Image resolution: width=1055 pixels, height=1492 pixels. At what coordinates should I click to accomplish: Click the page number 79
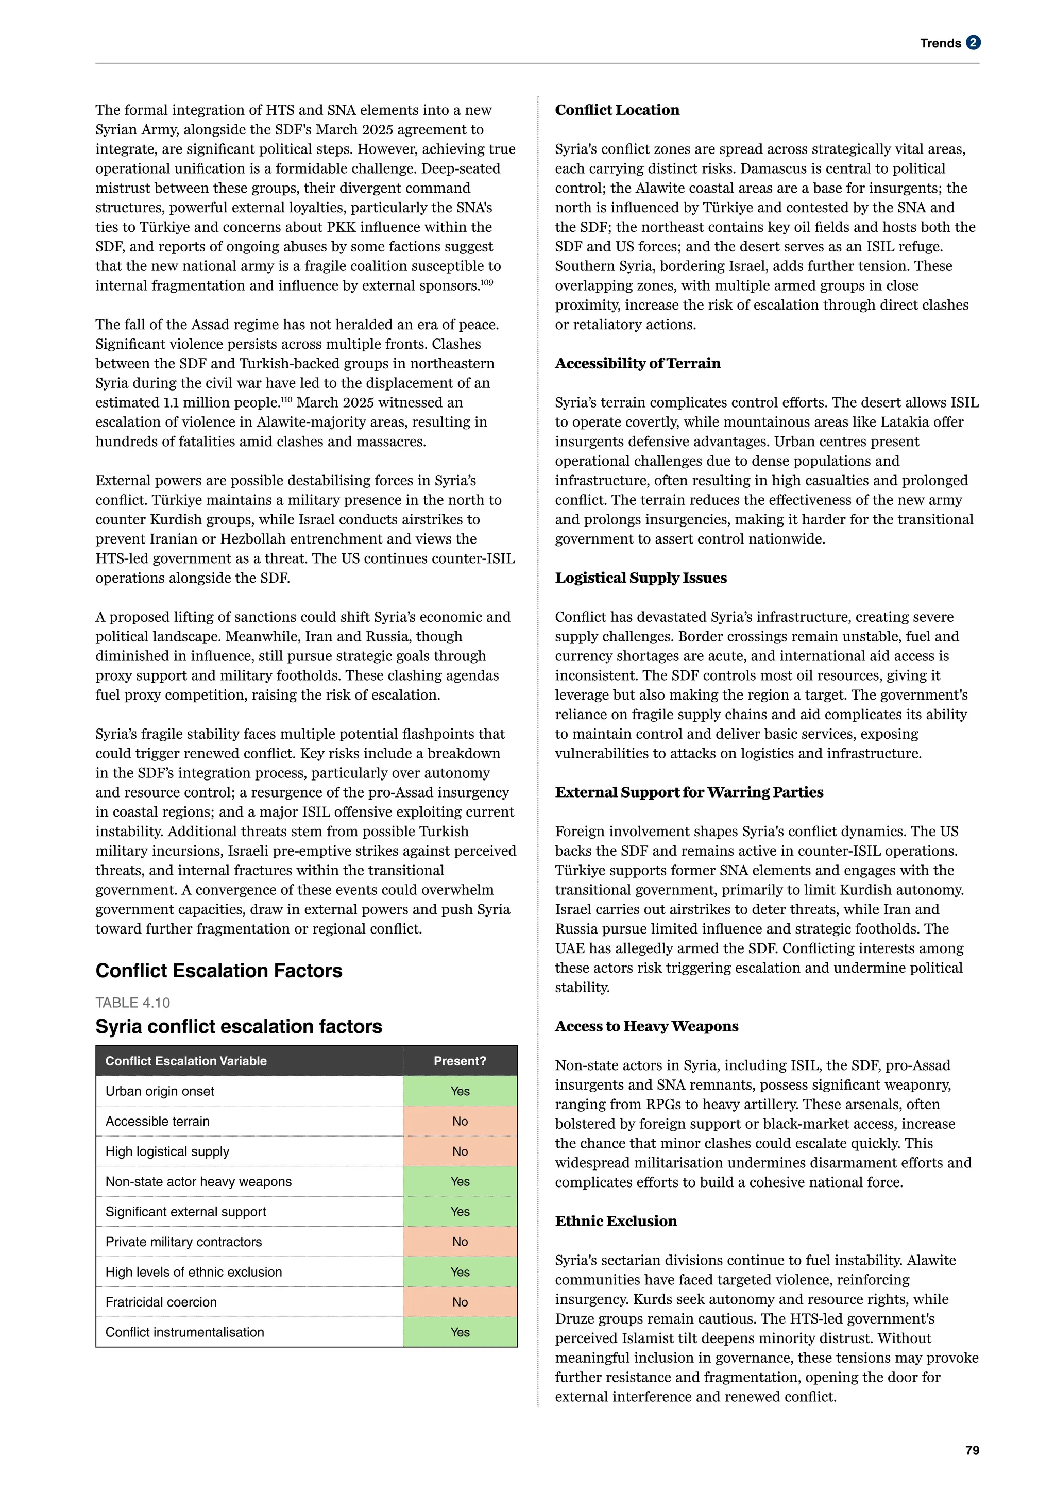point(972,1450)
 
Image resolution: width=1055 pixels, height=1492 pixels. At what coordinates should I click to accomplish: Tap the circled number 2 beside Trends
point(973,43)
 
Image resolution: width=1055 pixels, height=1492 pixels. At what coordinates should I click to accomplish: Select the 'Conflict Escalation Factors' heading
point(219,970)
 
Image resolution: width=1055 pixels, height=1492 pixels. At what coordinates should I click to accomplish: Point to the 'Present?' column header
point(460,1060)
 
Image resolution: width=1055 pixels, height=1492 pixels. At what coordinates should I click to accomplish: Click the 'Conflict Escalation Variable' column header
point(186,1060)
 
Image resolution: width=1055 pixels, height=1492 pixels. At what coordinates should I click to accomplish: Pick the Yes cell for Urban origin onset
point(460,1091)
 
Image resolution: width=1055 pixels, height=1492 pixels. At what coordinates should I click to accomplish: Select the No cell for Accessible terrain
point(460,1121)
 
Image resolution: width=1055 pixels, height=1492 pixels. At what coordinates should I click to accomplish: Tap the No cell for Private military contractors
point(460,1242)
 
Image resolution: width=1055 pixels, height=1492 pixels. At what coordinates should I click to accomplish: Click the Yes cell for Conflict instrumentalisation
point(460,1332)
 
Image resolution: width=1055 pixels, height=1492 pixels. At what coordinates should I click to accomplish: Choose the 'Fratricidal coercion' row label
point(161,1302)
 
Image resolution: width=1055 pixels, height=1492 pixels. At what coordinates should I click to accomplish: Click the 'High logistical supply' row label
point(167,1151)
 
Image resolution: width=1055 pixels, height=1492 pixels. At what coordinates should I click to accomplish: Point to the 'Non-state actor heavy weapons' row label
point(198,1181)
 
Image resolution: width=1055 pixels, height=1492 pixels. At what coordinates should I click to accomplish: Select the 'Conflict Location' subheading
point(617,110)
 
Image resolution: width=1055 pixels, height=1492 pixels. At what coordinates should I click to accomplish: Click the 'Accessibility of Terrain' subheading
point(637,363)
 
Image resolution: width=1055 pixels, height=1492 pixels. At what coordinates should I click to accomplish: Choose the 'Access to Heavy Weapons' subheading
point(646,1026)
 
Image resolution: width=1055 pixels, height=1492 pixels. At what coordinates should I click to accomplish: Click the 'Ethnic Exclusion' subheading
point(616,1221)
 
